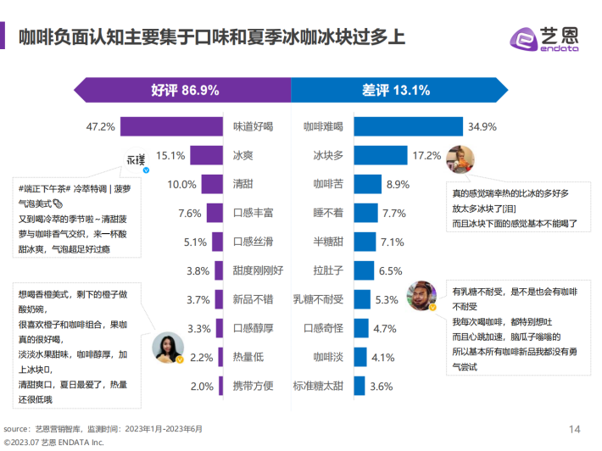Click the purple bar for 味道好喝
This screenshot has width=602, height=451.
(170, 127)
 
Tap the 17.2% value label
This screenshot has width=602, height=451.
(426, 156)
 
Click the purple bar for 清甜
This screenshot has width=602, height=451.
(212, 185)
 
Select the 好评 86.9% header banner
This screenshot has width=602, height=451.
(183, 90)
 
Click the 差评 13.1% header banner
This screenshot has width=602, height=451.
(399, 90)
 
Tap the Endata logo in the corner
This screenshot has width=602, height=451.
(543, 39)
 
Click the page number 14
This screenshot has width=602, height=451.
(574, 427)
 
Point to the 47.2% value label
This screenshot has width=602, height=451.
(101, 127)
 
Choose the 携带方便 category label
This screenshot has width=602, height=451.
(253, 387)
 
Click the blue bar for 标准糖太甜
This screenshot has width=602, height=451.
(360, 387)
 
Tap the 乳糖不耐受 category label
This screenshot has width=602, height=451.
(318, 299)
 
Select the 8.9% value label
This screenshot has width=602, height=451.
(398, 185)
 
